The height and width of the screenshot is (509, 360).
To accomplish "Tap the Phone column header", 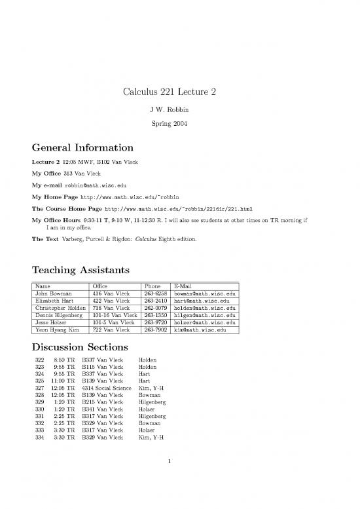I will click(x=151, y=286).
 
